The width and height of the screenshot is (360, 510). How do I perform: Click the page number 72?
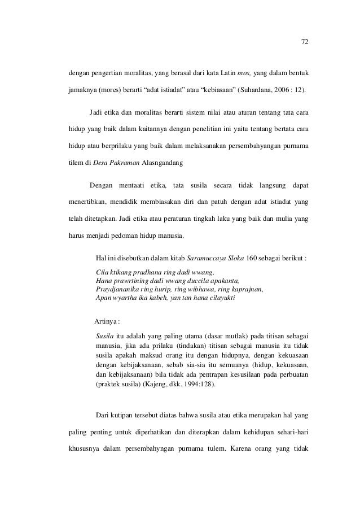point(305,41)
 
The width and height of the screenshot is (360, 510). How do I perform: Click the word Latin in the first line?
point(222,73)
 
